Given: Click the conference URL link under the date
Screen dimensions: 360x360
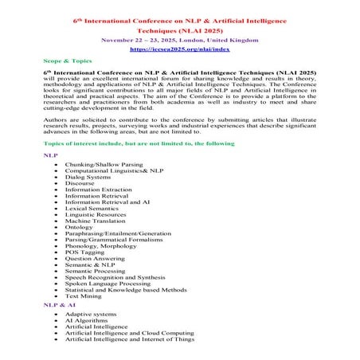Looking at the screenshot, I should tap(179, 49).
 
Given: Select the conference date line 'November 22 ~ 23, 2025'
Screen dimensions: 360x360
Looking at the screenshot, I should tap(179, 38).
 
